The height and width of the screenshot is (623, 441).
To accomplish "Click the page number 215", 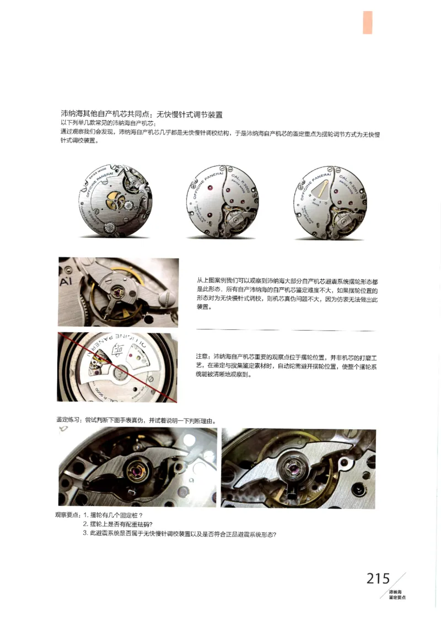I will click(378, 578).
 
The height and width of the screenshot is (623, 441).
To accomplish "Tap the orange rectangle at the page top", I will click(367, 23).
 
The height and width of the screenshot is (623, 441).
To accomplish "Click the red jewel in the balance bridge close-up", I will click(118, 292).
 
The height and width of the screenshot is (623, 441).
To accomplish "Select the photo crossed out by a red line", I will click(117, 367).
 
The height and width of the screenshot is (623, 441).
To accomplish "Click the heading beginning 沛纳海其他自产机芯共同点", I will click(141, 115).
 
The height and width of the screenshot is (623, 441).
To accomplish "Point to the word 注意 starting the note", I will click(202, 356).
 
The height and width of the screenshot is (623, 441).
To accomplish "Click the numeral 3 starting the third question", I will click(85, 533).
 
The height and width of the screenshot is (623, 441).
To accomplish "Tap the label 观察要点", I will click(68, 514).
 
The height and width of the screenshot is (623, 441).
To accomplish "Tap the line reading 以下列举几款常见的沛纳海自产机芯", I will click(111, 123).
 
